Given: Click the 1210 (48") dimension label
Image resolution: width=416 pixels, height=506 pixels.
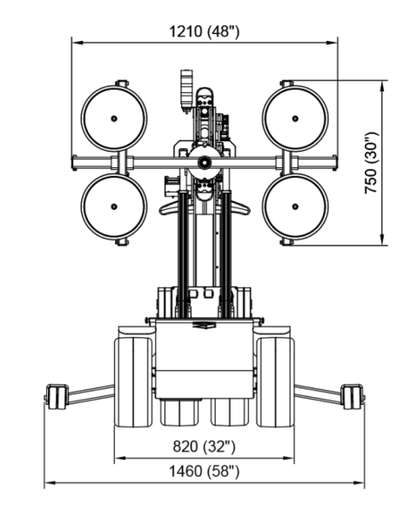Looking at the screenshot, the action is pos(205,31).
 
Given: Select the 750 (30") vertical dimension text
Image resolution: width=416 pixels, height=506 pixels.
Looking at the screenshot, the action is pos(371,163).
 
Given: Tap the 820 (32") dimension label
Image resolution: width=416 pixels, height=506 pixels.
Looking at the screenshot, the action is pos(205,447).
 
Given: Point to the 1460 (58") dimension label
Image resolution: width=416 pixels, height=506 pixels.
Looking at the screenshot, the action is pos(205,471).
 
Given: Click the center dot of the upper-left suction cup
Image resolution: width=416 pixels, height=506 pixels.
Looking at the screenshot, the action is pos(114,118).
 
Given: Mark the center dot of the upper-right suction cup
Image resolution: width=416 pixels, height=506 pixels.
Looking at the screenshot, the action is pos(295,118).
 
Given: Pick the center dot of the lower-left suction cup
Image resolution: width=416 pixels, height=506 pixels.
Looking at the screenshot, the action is pos(114,206).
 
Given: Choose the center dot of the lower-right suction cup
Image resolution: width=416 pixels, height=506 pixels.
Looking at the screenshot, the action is pos(295,206).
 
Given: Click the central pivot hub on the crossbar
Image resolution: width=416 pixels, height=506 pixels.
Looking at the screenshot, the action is pos(205,162).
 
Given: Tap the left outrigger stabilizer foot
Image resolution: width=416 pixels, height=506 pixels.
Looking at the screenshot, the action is pos(56,396).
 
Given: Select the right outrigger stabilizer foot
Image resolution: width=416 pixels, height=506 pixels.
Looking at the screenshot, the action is pos(353,396).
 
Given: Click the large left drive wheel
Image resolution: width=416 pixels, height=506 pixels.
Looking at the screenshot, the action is pos(133,382).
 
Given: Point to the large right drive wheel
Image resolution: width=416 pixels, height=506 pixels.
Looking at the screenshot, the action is pos(275,382).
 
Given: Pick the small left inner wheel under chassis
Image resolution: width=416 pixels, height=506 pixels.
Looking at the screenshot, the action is pos(179,413).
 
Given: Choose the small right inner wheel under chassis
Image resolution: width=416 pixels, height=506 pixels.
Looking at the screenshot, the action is pos(230,413).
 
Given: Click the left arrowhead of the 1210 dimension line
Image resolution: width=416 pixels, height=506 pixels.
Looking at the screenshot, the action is pos(77,43).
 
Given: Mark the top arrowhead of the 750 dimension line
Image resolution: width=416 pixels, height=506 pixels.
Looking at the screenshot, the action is pos(382,86).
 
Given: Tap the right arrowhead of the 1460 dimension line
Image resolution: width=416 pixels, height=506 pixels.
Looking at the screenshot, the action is pos(359,483).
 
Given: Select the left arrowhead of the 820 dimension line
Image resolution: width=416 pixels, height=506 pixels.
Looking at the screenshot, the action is pos(120,458).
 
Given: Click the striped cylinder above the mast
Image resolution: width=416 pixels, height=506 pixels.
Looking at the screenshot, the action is pos(187,90).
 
